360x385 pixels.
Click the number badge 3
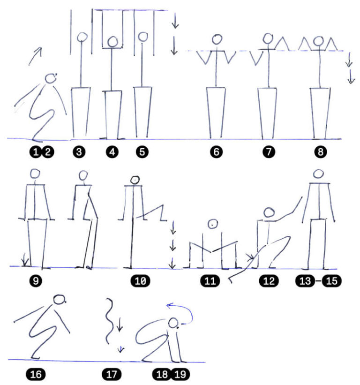click(x=79, y=152)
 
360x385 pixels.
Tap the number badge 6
click(x=216, y=152)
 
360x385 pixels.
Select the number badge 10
click(x=140, y=280)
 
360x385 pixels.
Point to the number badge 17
click(x=112, y=374)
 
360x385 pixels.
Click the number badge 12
click(x=269, y=280)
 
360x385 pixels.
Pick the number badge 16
click(x=36, y=374)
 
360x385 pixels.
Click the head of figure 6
click(x=217, y=39)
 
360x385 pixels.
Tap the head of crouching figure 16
click(x=60, y=300)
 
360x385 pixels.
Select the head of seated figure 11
click(x=212, y=224)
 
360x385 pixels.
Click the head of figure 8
click(x=318, y=41)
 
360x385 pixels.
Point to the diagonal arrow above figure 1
click(x=35, y=56)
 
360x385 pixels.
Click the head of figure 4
click(x=112, y=42)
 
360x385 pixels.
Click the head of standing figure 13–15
click(x=318, y=174)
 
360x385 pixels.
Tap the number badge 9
click(x=36, y=280)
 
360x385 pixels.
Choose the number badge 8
click(x=321, y=152)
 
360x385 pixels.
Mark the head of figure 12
click(x=269, y=212)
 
